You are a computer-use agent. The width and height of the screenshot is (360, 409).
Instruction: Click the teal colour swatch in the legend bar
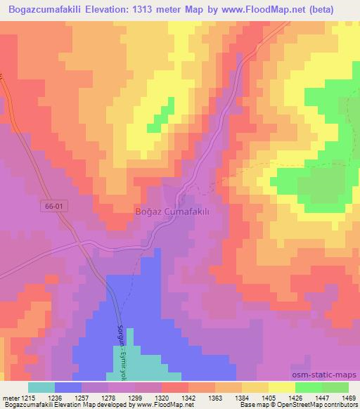(41, 387)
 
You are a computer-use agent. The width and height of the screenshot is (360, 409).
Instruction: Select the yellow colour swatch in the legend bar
(281, 387)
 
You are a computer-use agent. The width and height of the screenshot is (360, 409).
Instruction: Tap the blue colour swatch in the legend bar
(68, 387)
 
